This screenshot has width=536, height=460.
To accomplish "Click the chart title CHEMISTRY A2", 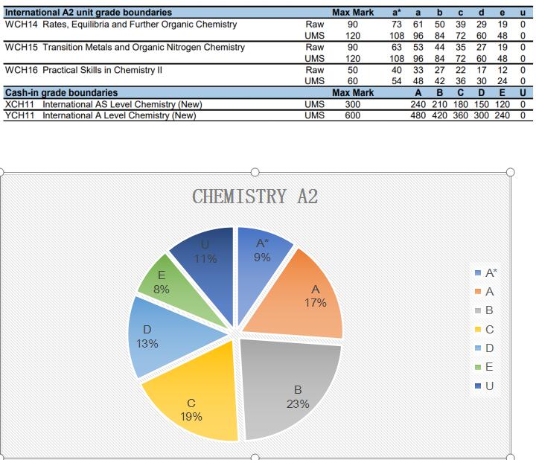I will [x=255, y=197].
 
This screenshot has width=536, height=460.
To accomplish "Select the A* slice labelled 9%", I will [x=261, y=249].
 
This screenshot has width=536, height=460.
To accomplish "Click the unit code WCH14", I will [x=21, y=25].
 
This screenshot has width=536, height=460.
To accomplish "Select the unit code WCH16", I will [x=21, y=70].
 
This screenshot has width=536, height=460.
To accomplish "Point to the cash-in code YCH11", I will [x=21, y=115].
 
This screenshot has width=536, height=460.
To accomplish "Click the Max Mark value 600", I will [x=352, y=115].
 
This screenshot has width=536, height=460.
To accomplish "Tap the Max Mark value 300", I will [x=352, y=105].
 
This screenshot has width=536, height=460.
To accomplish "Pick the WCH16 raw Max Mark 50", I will [x=352, y=70].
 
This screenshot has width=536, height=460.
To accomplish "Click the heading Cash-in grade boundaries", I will [x=61, y=93].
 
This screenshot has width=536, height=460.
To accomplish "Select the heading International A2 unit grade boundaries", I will [x=88, y=13].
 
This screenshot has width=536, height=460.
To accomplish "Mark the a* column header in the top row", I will [x=397, y=13].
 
